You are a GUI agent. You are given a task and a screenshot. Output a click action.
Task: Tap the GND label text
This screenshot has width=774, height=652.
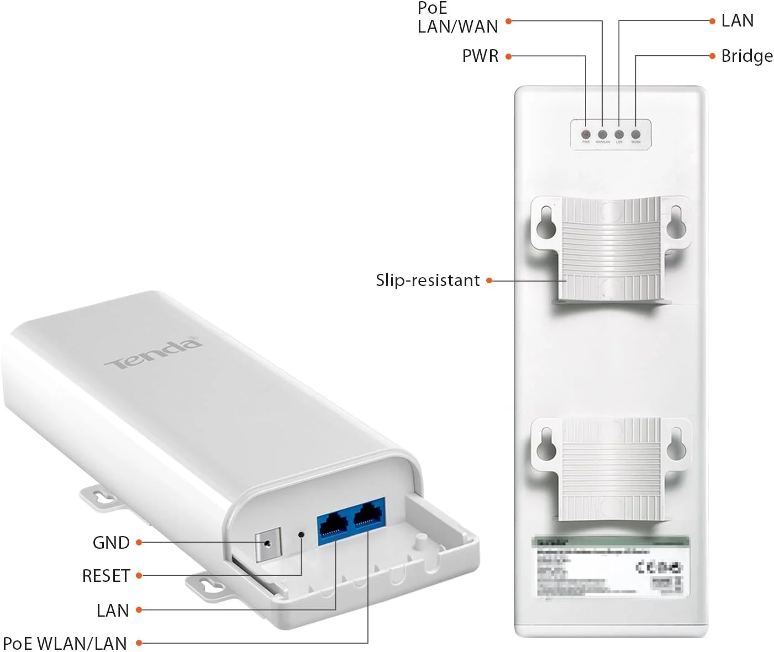coord(111,543)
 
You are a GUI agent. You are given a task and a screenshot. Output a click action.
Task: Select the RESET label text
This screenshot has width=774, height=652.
coord(106,576)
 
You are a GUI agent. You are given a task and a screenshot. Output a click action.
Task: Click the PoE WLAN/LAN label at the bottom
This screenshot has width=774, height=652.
coord(65,643)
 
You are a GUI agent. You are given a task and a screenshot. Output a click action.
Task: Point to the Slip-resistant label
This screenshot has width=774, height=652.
coord(428,280)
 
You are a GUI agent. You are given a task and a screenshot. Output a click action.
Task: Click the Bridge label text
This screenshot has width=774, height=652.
coord(747,56)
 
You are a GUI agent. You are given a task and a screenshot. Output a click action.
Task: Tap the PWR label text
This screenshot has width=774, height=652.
coord(480,56)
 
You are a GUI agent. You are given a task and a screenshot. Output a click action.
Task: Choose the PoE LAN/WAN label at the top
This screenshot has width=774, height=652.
coord(457,18)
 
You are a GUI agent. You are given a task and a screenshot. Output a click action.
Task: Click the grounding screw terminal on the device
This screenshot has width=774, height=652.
coord(268,543)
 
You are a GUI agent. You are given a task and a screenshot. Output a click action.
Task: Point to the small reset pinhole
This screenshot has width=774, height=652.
coord(301,534)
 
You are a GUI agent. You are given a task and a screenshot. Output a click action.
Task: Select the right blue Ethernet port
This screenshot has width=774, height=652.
coord(367,517)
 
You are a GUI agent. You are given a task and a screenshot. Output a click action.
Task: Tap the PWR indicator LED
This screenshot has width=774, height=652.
coord(586,134)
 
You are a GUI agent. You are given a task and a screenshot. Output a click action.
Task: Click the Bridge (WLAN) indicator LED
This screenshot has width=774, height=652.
coord(636,134)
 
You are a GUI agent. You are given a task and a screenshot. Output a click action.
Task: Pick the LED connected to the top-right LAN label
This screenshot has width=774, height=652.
coord(619,134)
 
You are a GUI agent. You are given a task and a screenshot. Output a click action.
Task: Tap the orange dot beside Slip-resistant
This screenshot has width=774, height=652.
coord(489,280)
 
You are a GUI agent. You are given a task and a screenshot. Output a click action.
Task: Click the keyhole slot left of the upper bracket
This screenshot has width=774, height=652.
coord(546,219)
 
